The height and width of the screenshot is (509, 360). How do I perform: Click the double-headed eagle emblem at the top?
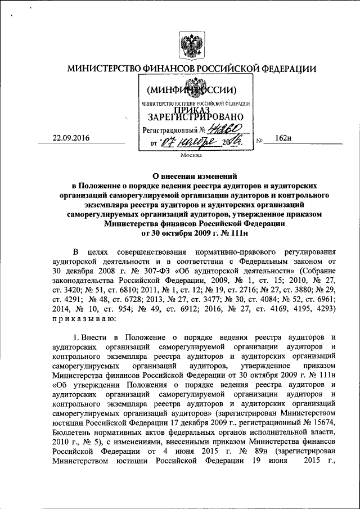191,42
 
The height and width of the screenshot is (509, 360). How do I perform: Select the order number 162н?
282,138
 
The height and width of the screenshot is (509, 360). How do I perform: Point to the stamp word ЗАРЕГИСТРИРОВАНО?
192,118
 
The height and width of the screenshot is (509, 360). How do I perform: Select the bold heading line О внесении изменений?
191,175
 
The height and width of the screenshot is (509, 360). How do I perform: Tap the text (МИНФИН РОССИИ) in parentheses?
191,89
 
